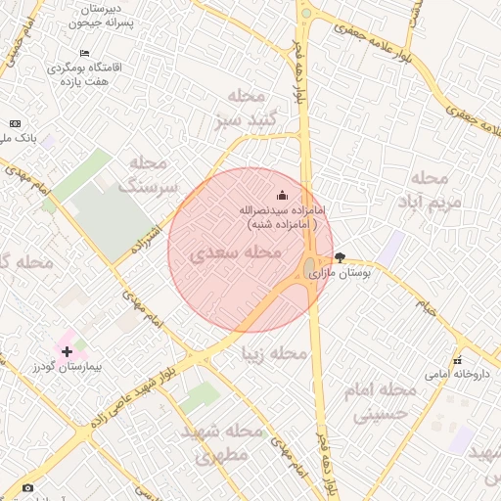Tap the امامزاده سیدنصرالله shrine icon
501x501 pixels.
(283, 195)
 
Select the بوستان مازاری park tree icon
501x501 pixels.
(340, 257)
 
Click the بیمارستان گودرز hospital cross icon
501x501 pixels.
(67, 351)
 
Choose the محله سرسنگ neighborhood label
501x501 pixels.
(148, 173)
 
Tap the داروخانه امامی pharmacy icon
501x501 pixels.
(457, 360)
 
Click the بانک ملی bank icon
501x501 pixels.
(14, 123)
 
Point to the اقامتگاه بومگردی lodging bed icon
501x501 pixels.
(84, 53)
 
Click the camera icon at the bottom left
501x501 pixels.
(26, 487)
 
